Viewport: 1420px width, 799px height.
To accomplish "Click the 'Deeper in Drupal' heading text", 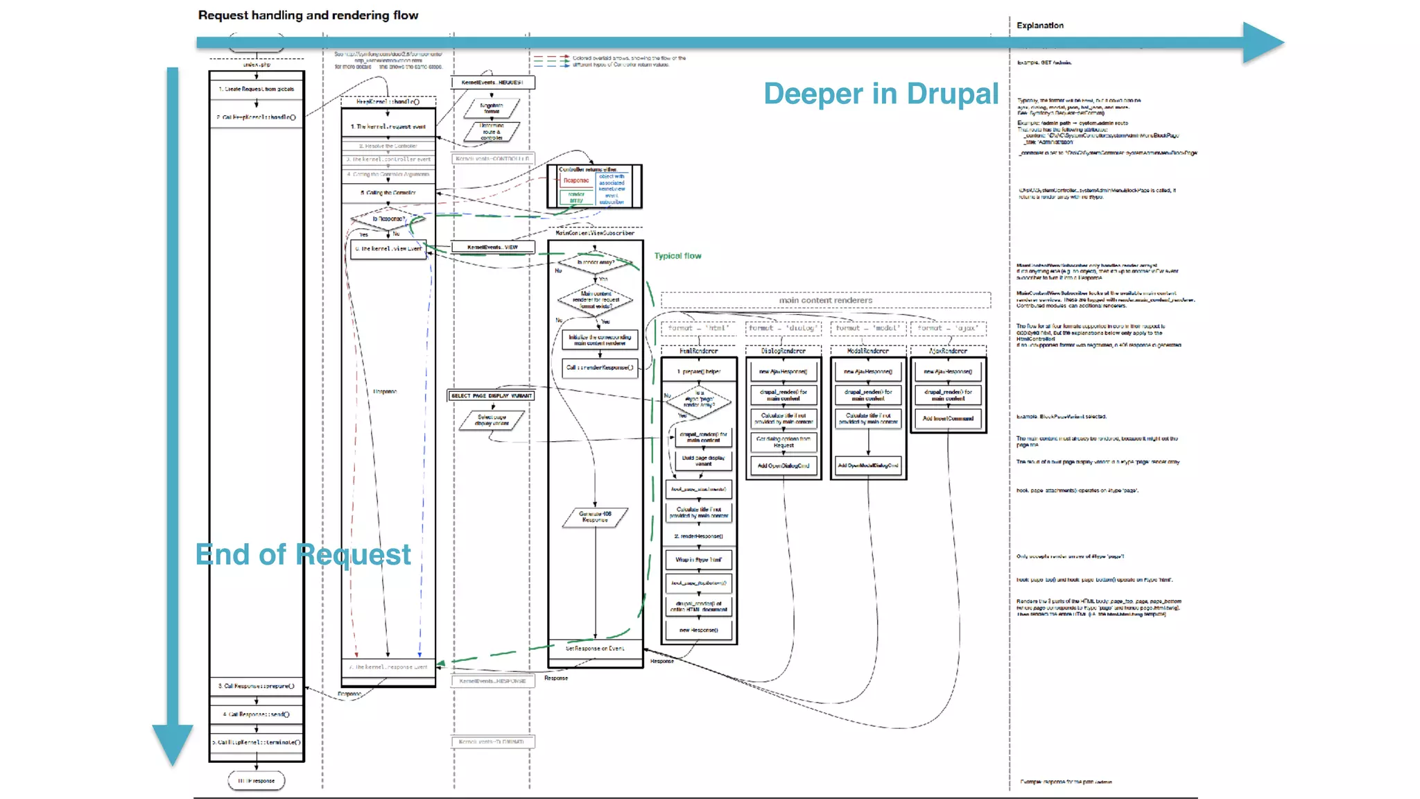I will (x=881, y=94).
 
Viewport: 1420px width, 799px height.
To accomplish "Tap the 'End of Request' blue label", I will (x=303, y=555).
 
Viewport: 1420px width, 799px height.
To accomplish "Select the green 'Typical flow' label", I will (x=677, y=256).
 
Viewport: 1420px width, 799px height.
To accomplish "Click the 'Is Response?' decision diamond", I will (x=388, y=219).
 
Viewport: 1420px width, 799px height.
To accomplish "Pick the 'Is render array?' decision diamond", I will (x=595, y=263).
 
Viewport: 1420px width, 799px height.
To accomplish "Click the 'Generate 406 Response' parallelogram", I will (x=595, y=517).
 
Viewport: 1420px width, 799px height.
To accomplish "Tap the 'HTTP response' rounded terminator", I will (x=257, y=781).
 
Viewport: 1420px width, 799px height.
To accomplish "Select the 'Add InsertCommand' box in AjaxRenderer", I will (x=948, y=419).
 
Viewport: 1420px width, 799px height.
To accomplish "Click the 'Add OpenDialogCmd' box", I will (x=783, y=466).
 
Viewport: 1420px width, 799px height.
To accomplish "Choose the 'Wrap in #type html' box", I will (x=699, y=560).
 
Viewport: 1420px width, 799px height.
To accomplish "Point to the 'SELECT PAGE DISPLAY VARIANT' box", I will (x=492, y=396).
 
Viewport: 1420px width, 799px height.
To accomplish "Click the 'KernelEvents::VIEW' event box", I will (x=492, y=247).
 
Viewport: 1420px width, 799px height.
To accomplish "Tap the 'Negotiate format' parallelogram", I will (x=492, y=108).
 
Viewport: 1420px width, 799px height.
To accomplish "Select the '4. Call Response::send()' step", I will (x=257, y=714).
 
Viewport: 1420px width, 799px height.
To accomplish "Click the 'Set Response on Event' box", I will (x=595, y=649).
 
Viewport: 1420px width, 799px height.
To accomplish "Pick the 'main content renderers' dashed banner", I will (x=825, y=300).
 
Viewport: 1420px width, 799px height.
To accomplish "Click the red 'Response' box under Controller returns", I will (x=576, y=180).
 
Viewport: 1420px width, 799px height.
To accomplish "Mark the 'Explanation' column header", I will (x=1039, y=26).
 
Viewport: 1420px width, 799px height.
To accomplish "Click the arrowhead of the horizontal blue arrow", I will (x=1262, y=42).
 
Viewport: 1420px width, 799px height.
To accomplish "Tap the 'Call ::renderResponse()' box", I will (x=600, y=368).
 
